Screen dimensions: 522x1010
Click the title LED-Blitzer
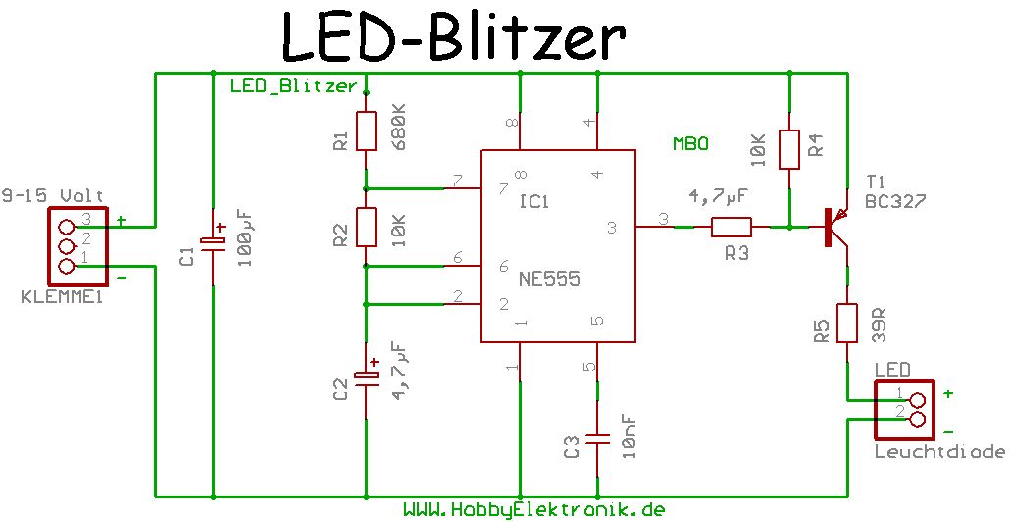453,38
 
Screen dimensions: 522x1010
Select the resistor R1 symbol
365,130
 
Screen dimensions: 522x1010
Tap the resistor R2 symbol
365,227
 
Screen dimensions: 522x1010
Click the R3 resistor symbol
731,228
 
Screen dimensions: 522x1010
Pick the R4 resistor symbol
789,149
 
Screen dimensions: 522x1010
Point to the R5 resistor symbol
846,324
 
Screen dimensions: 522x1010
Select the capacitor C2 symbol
365,378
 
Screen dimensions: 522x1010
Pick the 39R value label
879,326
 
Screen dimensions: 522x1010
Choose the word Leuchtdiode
939,452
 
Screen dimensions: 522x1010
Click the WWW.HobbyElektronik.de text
534,510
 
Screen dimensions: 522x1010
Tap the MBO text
690,143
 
